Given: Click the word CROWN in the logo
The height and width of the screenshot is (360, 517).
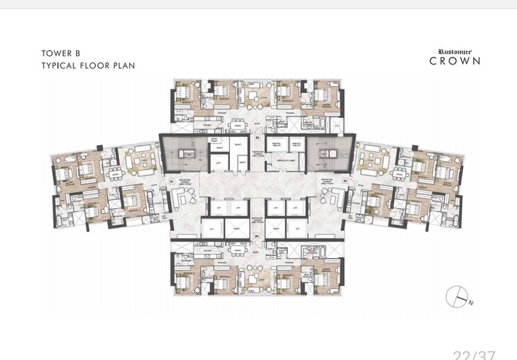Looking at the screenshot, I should pos(455,61).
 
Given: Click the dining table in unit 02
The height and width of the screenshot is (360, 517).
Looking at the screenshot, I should pos(239,125).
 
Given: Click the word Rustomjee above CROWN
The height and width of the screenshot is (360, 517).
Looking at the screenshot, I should pos(455,51).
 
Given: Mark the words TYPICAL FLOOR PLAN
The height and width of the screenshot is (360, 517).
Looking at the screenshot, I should pos(87,65).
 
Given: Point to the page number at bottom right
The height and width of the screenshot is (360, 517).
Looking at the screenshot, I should pos(474,355).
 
